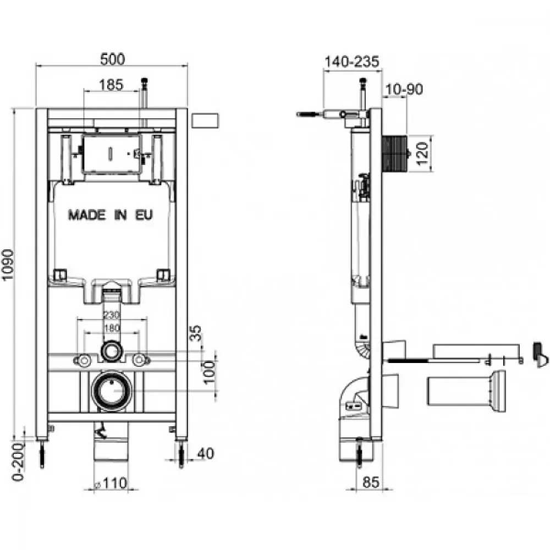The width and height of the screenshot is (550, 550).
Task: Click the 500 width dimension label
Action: click(112, 59)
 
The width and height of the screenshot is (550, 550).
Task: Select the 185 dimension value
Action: click(111, 85)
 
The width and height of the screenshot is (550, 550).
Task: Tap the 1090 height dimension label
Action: click(8, 265)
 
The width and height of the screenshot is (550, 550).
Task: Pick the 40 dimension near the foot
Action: click(206, 454)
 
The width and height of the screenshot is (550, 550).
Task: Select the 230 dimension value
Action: click(112, 315)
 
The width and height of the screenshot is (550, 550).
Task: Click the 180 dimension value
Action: click(112, 328)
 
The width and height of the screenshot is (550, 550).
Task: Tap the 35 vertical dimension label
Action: click(196, 333)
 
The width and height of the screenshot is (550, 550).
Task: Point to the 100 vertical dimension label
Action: click(209, 372)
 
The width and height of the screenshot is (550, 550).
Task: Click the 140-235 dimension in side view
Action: click(352, 62)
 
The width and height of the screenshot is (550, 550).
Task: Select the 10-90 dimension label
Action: click(404, 89)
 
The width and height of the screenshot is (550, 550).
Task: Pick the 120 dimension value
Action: click(422, 153)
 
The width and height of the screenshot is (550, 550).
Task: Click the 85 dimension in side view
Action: click(371, 482)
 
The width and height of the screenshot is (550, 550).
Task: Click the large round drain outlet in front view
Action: click(112, 391)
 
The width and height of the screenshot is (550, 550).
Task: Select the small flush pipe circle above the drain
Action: click(112, 351)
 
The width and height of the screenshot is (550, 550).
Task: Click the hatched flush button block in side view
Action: click(394, 153)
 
